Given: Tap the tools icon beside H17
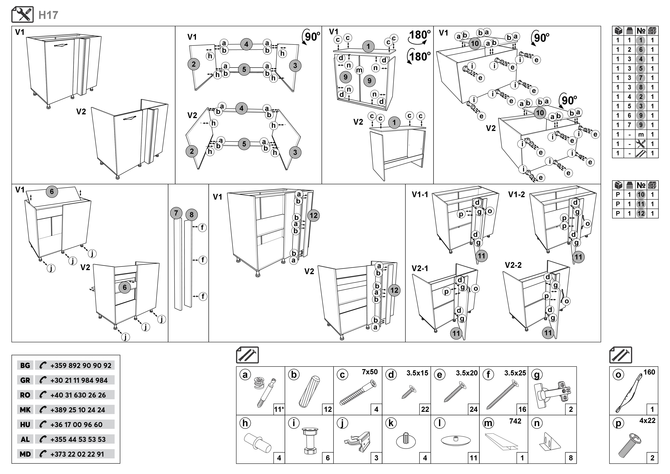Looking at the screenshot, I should pos(22,15).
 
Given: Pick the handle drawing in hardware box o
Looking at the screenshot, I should pos(627,394).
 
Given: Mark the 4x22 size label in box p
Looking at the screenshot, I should pos(647,421).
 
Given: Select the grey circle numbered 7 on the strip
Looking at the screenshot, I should pos(176,213).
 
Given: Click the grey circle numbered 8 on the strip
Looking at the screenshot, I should pos(191,215).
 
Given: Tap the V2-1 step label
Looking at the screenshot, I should pos(420,268).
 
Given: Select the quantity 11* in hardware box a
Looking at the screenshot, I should pos(279,409).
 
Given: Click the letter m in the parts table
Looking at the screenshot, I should pos(641,135).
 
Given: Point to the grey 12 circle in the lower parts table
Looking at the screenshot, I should pos(641,213).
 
